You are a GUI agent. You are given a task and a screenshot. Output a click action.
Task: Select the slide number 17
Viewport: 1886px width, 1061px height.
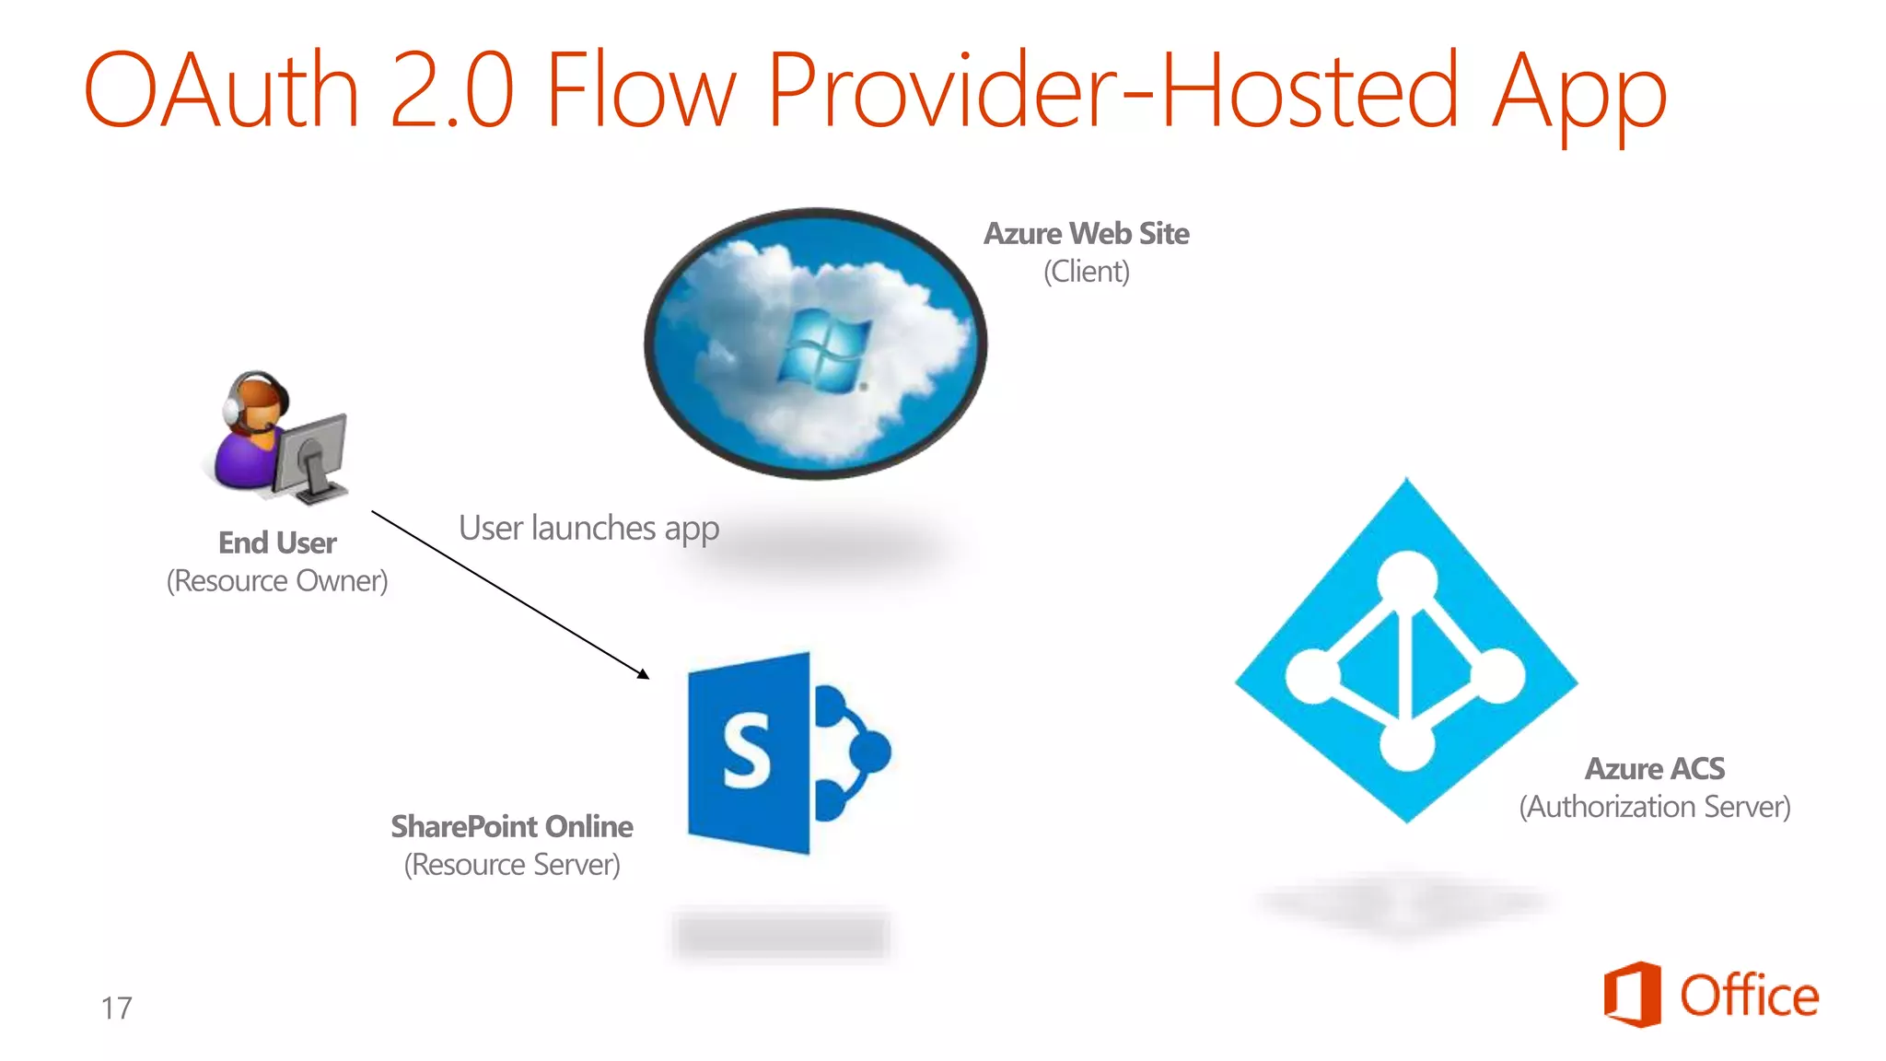(116, 1009)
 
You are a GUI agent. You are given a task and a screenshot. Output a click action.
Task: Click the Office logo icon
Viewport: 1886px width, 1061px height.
(1632, 995)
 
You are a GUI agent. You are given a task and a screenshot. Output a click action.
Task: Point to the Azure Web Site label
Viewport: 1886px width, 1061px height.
(1086, 234)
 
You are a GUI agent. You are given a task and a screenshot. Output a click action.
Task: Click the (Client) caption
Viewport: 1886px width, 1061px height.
(1086, 272)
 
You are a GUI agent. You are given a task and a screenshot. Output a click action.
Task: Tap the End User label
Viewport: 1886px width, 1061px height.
(277, 543)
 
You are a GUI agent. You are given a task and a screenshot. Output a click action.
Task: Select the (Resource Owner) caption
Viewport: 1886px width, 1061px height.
(277, 581)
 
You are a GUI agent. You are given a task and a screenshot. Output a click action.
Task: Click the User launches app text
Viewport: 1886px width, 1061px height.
(588, 529)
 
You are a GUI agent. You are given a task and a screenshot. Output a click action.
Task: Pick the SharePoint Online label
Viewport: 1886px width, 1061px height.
(512, 827)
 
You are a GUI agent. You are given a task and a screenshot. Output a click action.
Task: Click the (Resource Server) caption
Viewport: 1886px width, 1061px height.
(512, 865)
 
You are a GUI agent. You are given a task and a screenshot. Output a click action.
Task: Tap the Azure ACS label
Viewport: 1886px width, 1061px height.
(1654, 769)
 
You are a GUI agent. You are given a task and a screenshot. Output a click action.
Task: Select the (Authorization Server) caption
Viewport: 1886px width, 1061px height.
(1654, 807)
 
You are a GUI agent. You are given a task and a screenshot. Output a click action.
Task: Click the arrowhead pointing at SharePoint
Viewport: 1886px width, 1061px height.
(644, 674)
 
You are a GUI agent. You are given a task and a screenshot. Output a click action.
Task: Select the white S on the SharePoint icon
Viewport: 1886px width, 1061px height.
(747, 752)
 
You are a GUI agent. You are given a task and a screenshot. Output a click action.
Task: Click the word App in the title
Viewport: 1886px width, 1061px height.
(1578, 92)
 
